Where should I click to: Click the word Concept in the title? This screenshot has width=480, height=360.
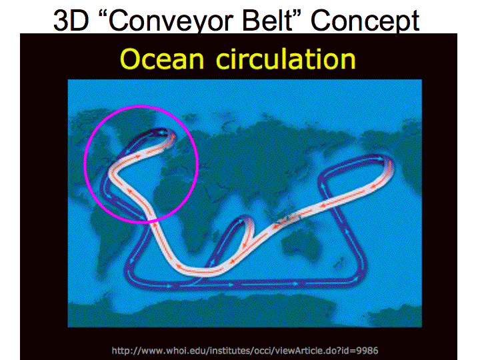(x=365, y=20)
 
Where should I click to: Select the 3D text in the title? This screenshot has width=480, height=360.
(x=71, y=20)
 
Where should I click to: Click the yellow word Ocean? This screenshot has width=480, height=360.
(x=162, y=59)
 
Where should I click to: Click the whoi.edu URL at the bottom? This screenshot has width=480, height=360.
(x=245, y=350)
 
